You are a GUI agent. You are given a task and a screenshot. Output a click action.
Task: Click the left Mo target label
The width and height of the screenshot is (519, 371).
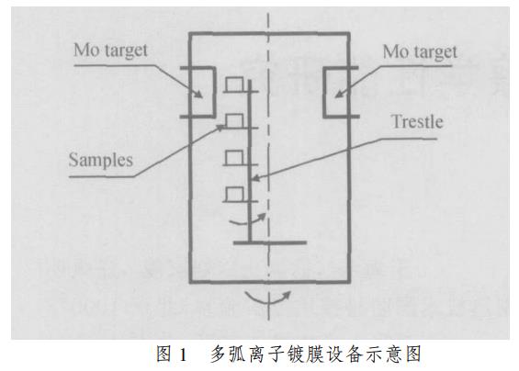point(110,51)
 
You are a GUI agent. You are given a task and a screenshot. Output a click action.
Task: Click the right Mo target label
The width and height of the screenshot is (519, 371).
point(420,52)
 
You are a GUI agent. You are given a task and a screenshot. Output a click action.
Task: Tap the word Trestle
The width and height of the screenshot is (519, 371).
point(417,122)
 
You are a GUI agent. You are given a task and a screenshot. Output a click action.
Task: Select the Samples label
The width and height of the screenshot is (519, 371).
point(101,161)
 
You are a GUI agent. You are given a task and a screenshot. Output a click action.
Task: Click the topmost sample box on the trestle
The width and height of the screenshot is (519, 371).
point(235,84)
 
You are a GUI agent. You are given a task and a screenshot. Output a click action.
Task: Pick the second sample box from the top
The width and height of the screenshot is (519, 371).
point(235,121)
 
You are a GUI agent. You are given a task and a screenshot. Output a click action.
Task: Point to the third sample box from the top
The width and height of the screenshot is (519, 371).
point(235,158)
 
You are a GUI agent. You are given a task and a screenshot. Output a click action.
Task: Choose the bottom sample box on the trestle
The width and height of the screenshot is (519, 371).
point(235,195)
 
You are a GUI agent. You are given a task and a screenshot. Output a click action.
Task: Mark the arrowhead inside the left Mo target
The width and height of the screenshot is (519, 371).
point(198,94)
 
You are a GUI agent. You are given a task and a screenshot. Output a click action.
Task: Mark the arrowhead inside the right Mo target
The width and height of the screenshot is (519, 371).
point(339,94)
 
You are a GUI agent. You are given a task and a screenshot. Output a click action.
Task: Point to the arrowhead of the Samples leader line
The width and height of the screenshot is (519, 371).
point(221,128)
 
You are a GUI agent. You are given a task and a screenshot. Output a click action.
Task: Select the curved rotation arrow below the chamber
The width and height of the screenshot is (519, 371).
point(267,298)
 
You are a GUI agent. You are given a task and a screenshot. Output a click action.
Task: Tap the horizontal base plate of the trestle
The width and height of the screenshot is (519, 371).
point(270,243)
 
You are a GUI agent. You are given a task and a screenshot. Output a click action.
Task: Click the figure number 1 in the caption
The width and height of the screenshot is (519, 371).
point(183,354)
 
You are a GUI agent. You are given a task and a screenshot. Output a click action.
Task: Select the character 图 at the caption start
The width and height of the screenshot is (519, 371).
point(164,354)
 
